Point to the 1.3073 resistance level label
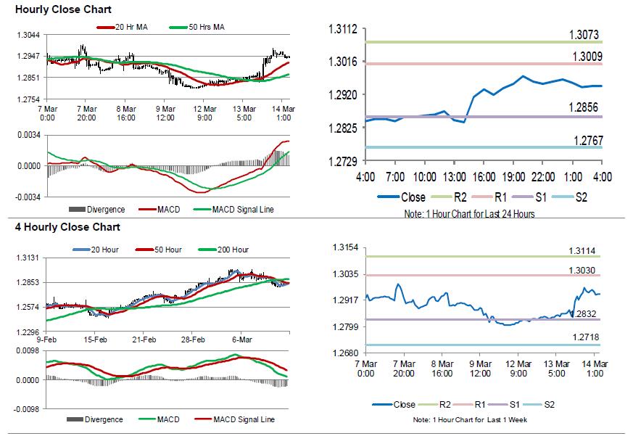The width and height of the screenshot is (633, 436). [585, 35]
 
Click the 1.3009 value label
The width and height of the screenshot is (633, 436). [585, 57]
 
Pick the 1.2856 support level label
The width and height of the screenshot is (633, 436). [585, 107]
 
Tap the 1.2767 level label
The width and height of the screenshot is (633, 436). [585, 140]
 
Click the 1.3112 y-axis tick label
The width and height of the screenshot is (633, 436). [344, 29]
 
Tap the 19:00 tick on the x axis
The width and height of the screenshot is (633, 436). [513, 177]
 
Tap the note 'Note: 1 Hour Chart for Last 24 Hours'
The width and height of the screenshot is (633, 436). [471, 214]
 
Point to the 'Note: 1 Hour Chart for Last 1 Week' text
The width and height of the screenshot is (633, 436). [471, 420]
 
